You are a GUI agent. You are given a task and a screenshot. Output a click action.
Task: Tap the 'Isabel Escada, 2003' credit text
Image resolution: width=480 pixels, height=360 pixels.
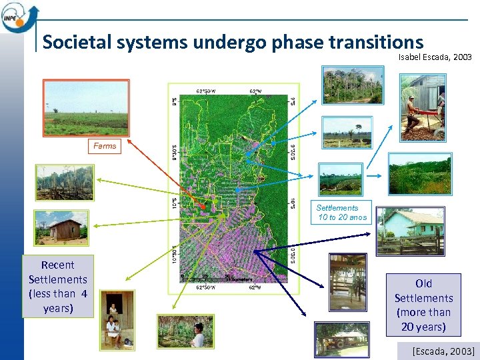click(x=435, y=58)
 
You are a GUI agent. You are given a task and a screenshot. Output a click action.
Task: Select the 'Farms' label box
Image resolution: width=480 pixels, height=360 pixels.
click(x=104, y=146)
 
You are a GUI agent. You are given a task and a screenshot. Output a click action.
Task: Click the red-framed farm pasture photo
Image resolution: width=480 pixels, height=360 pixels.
click(x=86, y=107)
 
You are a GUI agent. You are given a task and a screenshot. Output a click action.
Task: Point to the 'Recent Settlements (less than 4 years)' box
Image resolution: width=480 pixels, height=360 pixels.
click(x=58, y=287)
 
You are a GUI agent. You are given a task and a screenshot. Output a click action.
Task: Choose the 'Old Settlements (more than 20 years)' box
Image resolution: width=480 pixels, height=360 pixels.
click(x=423, y=305)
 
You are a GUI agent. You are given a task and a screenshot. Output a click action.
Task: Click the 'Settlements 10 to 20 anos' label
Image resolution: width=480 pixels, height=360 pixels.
click(x=341, y=213)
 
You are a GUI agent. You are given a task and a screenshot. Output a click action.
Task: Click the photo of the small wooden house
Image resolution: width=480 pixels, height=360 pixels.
click(x=61, y=228)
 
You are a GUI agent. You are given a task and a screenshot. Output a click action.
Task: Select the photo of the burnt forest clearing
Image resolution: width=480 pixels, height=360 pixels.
click(x=65, y=182)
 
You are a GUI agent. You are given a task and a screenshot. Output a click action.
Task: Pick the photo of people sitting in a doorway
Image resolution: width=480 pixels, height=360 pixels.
click(x=117, y=319)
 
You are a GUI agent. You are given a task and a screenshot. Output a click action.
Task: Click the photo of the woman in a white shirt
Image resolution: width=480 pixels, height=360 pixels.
click(x=185, y=331)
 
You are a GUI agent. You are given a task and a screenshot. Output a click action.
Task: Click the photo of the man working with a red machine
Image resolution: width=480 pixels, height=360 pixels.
click(x=423, y=106)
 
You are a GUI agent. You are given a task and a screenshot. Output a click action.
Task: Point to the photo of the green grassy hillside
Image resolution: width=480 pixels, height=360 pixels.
click(x=419, y=173)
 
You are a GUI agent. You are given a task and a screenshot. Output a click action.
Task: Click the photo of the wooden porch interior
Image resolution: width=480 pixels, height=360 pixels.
click(x=347, y=282)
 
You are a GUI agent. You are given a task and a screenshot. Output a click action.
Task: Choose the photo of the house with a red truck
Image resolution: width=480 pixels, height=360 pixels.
click(x=342, y=339)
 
